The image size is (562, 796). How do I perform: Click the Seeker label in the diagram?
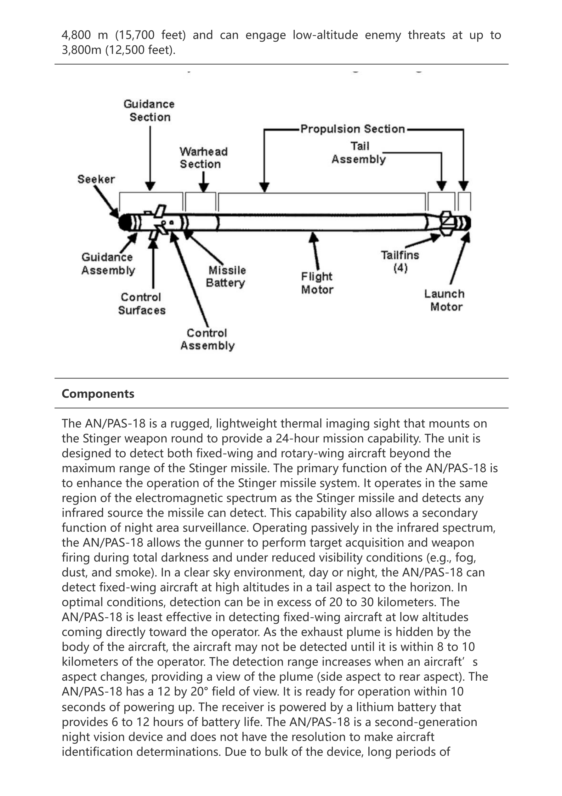point(96,179)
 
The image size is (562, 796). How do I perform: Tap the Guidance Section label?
point(149,111)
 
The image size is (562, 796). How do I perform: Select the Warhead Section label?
point(204,158)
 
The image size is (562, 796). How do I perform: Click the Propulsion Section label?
point(353,129)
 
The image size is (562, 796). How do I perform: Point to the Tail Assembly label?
point(359,153)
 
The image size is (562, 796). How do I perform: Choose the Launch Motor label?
point(445,300)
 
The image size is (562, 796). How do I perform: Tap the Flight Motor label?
point(317,283)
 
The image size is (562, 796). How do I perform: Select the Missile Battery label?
point(226,276)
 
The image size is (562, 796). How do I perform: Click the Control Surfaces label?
point(142,303)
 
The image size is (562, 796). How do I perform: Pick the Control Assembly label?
point(207,339)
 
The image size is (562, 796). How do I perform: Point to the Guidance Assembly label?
point(108,263)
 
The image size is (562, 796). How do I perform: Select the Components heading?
point(98,394)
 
